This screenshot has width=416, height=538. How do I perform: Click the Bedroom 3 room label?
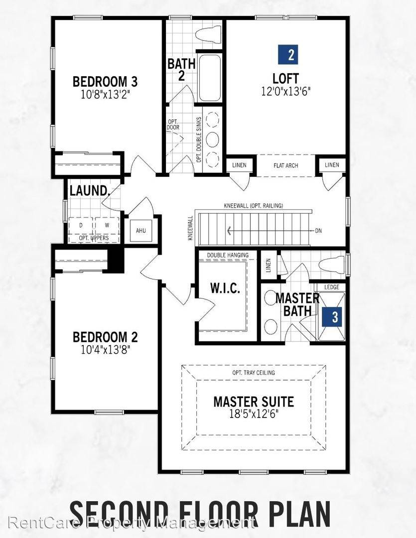(105, 81)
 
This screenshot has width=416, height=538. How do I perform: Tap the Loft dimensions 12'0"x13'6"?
(286, 91)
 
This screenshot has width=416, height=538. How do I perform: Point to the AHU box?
(140, 231)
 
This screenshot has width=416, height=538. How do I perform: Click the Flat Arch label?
(286, 165)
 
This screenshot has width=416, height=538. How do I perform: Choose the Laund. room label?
(89, 190)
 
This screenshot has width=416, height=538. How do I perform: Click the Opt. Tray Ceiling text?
(253, 373)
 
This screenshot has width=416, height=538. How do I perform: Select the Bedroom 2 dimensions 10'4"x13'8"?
(105, 349)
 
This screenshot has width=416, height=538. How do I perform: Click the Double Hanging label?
(227, 255)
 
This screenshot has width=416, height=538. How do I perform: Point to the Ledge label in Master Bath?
(331, 287)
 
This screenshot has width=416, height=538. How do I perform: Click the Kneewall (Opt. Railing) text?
(253, 206)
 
